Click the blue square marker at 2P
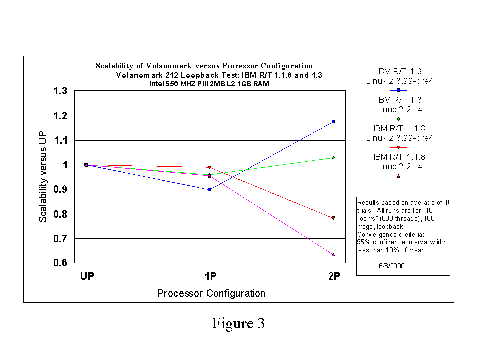click(x=333, y=121)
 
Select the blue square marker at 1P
click(x=209, y=189)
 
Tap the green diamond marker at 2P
click(x=333, y=158)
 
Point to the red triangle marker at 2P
click(x=333, y=218)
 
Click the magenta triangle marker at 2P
click(x=333, y=255)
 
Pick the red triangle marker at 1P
click(x=209, y=167)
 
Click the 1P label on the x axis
click(x=210, y=276)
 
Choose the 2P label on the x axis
click(x=333, y=276)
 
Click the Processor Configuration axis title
click(x=211, y=293)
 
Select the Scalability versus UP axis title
click(x=44, y=177)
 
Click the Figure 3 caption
click(x=238, y=323)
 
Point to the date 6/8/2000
click(x=392, y=266)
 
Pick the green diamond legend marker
click(x=399, y=119)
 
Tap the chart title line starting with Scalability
click(x=204, y=66)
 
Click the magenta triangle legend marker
click(x=399, y=176)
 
